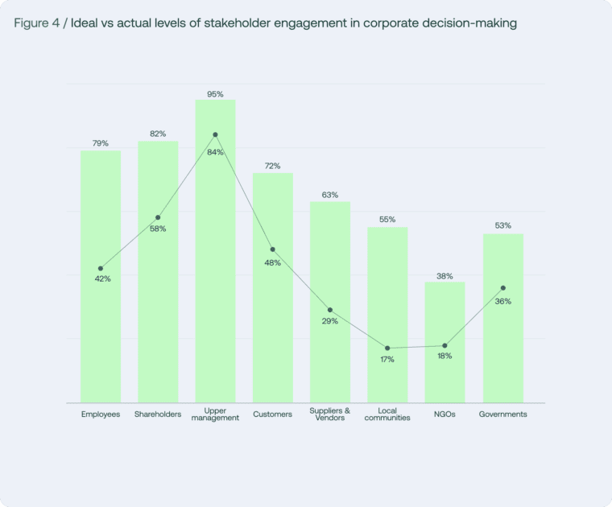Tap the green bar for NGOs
pos(445,370)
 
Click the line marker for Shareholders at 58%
pos(158,217)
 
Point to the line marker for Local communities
pos(387,348)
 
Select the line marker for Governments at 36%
pos(503,287)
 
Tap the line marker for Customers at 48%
pos(273,249)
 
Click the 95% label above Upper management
pos(215,94)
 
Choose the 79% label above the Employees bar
pos(101,143)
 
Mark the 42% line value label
pos(102,278)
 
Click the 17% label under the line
pos(387,359)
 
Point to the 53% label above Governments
pos(503,225)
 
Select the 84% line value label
pos(216,151)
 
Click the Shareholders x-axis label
pos(158,414)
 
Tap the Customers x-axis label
pos(273,414)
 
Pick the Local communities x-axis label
pos(387,414)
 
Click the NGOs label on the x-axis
pos(445,414)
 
